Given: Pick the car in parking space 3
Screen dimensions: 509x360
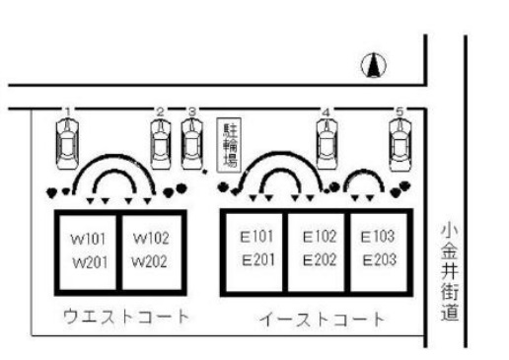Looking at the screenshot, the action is coord(192,142).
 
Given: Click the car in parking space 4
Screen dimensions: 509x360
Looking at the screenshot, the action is coord(327,142).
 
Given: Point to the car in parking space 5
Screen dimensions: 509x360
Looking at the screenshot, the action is coord(400,142).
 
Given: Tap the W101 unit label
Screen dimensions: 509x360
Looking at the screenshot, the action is coord(82,240).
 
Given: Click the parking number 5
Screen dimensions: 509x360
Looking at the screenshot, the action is coord(400,111).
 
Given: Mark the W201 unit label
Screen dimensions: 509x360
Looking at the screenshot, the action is coord(82,261).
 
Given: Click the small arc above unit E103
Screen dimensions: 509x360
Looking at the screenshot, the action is coord(365,181).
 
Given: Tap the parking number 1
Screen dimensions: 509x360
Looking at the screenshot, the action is coord(67,110).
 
